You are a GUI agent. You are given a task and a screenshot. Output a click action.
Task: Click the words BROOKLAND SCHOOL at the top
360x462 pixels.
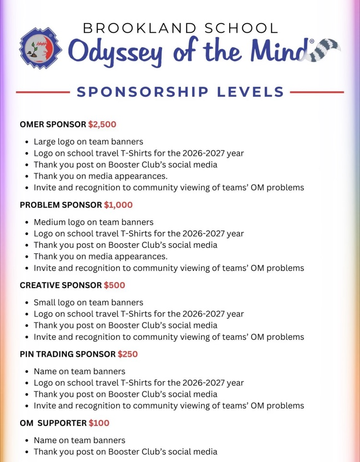[x=180, y=28]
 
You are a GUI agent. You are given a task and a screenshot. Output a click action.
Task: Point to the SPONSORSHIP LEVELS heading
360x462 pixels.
[x=180, y=92]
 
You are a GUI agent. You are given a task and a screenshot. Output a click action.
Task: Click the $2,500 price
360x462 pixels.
[x=102, y=124]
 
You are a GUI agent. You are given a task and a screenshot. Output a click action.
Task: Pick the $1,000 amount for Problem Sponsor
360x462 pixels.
[x=118, y=205]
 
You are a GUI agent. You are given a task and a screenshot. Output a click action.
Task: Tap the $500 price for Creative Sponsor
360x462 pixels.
[x=114, y=285]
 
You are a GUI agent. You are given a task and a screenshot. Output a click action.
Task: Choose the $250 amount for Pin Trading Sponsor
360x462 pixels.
[x=128, y=354]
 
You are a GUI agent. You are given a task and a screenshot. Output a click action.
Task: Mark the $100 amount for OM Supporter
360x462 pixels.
[x=99, y=423]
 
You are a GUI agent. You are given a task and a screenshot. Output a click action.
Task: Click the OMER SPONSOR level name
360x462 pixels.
[x=53, y=124]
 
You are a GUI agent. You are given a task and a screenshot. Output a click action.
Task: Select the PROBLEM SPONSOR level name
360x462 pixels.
[x=60, y=205]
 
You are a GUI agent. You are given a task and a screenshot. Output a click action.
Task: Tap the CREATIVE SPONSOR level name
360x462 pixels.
[x=60, y=285]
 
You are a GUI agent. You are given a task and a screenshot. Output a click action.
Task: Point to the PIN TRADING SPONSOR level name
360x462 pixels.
[x=67, y=354]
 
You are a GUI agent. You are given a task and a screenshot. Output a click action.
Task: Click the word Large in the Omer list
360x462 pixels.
[x=45, y=142]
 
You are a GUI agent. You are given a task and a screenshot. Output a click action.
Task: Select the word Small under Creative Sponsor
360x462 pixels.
[x=45, y=303]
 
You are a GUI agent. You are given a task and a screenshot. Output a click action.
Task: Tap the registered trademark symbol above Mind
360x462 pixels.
[x=312, y=42]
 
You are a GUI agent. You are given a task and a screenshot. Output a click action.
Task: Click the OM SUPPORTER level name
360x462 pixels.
[x=53, y=423]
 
